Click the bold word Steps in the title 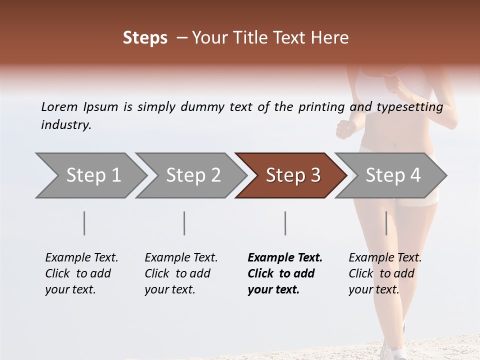(x=145, y=38)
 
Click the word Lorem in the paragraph (x=59, y=106)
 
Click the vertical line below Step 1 (x=84, y=223)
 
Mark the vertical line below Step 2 (x=184, y=223)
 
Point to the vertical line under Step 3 (x=285, y=223)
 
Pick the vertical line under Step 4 (x=386, y=223)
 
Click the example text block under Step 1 (x=81, y=273)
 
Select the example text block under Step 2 (x=180, y=273)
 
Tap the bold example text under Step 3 (x=284, y=273)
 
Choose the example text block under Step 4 (x=384, y=273)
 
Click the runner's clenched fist (x=345, y=129)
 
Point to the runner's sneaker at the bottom (x=392, y=350)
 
